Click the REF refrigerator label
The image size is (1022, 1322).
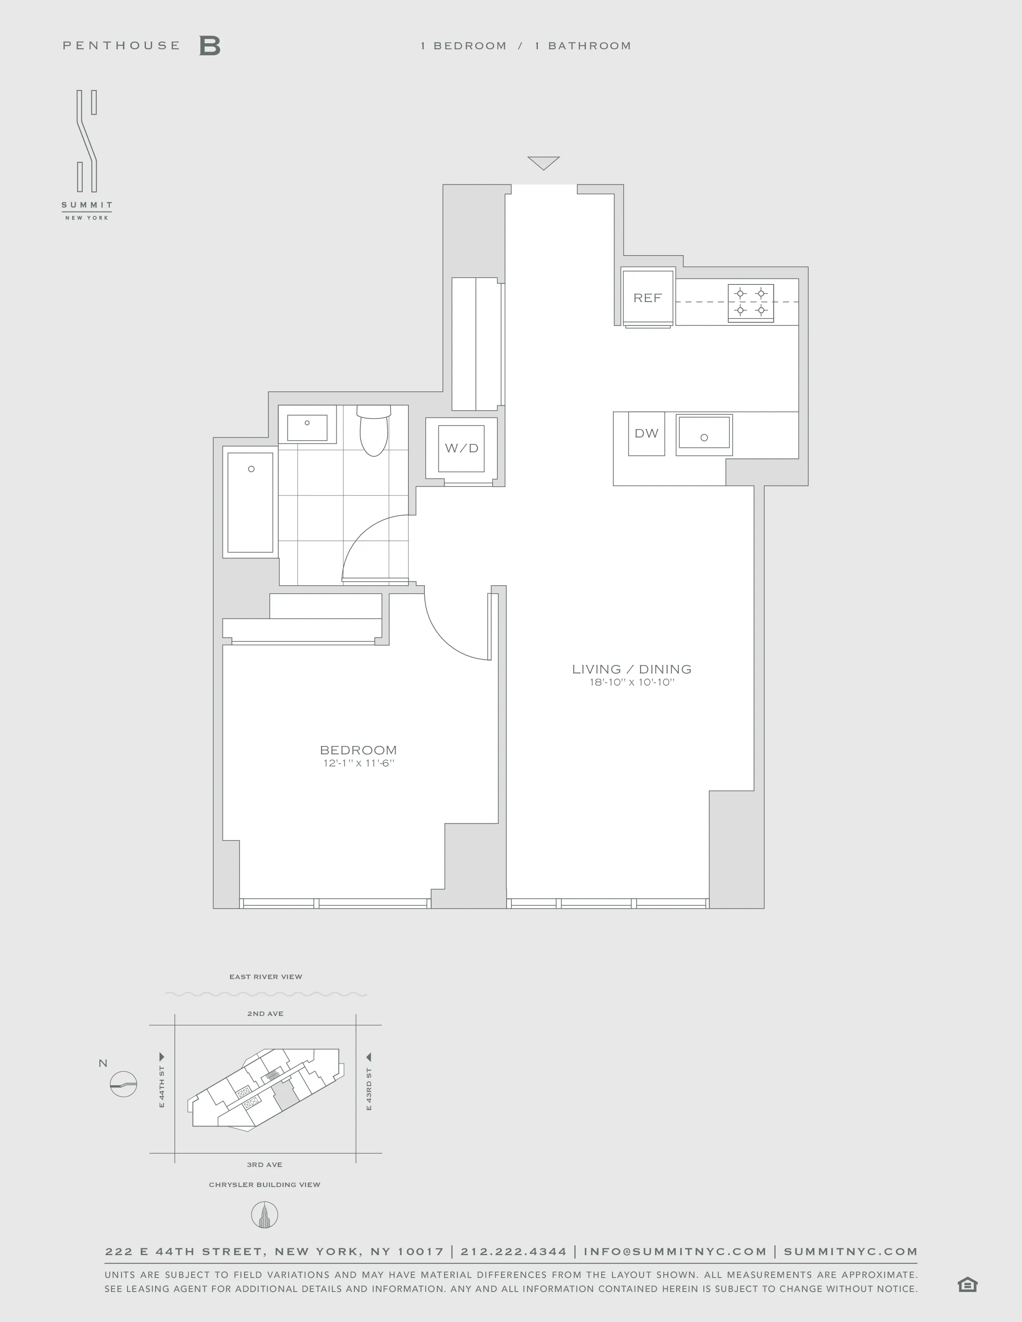point(647,298)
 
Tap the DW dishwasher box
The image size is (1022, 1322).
point(646,433)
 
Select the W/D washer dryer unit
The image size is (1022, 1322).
point(461,448)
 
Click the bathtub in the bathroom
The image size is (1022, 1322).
point(250,502)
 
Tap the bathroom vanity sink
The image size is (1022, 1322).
point(307,428)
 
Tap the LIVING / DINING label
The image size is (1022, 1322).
point(632,669)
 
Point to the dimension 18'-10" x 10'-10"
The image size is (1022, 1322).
point(632,683)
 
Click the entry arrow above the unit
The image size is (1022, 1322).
point(543,163)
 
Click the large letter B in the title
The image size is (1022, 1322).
point(210,46)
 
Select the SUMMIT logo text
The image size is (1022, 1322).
point(87,205)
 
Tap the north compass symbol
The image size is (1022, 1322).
point(123,1084)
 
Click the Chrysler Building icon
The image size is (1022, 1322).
point(265,1215)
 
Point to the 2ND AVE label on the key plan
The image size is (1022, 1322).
point(265,1013)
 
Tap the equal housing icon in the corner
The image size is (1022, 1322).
point(967,1284)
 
